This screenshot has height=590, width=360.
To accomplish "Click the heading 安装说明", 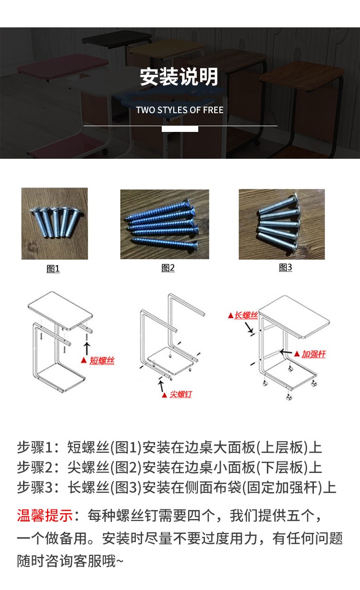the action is pos(179,77).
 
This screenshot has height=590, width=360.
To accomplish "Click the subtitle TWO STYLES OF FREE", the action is pos(180,110).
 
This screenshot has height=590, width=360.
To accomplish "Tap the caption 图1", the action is pos(53,269).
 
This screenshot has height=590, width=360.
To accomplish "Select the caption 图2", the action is pos(168,268).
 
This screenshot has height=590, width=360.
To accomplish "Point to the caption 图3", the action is pos(286,267).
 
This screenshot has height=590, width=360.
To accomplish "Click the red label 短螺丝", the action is pos(102,360).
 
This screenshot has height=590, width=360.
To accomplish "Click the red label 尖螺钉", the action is pos(181,394).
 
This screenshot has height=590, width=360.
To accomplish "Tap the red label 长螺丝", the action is pos(246,315).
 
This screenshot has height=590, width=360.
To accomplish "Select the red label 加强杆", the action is pos(313,354).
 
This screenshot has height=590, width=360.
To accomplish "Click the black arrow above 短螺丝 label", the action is pos(87,348).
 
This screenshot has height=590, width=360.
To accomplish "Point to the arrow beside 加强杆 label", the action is pos(286,352).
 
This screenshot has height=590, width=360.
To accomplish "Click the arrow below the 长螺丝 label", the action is pos(249,328).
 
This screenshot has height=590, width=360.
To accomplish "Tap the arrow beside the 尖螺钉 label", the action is pos(161,386).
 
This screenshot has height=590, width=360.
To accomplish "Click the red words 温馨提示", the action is pos(45,516).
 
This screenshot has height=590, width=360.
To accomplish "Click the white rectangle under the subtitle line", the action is pos(180,129).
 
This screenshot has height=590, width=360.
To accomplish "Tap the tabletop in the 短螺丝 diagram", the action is pos(60,310).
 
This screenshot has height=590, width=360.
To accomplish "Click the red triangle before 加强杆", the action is pos(297,354).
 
